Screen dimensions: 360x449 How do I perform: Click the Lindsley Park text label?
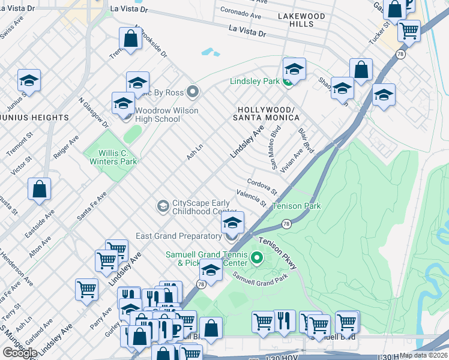click(x=255, y=81)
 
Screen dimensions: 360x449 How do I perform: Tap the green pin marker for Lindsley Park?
click(x=288, y=81)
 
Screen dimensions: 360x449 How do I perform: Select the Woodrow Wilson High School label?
click(x=157, y=115)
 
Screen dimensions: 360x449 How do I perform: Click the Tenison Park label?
click(x=297, y=206)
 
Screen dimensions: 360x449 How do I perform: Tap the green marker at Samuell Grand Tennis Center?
click(x=258, y=259)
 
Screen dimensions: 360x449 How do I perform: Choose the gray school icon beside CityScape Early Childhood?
click(x=162, y=206)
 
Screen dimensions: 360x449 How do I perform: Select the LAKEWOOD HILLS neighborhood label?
click(x=301, y=20)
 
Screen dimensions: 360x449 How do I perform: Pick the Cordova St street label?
click(x=262, y=186)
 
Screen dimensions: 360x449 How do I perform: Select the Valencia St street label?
click(x=252, y=198)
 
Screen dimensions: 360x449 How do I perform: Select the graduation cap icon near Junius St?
click(x=29, y=80)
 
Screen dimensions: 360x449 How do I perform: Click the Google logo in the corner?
click(x=20, y=352)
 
